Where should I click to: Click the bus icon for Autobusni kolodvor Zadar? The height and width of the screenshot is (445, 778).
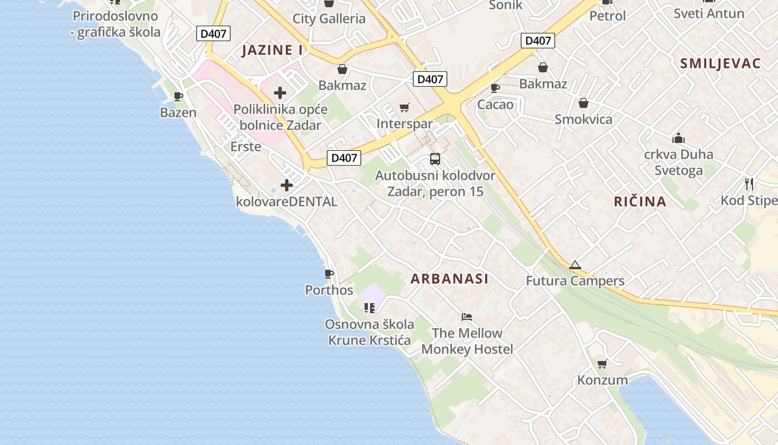point(435,159)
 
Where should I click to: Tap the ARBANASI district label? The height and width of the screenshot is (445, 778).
point(450,279)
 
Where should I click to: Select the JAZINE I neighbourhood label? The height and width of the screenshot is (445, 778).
point(273,50)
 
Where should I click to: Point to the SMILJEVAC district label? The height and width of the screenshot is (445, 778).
point(720,63)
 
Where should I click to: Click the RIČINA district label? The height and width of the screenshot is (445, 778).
point(640,201)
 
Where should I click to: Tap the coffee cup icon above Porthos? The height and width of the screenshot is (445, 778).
point(329,274)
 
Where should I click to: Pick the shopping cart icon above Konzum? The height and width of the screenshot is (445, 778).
point(602,364)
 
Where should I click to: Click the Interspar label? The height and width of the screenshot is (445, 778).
point(405,123)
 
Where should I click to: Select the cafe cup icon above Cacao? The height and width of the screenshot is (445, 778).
point(495,88)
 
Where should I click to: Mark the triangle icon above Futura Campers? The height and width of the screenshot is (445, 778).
point(575,265)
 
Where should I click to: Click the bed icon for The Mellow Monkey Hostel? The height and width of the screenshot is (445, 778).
point(467,317)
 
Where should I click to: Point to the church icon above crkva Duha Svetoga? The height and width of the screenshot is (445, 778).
point(678,138)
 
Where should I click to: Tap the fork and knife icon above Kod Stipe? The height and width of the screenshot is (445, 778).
point(749,184)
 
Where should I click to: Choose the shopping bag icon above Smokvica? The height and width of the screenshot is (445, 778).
point(583,103)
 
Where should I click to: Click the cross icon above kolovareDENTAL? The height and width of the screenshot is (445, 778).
point(287,185)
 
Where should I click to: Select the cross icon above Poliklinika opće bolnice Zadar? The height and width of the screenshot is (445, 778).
point(280,93)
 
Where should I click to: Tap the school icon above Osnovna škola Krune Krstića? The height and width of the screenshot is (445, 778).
point(370,308)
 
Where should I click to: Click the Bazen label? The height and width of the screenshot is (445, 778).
point(178,112)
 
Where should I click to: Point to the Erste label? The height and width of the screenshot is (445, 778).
point(246,146)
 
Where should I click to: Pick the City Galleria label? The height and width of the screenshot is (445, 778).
point(329,18)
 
